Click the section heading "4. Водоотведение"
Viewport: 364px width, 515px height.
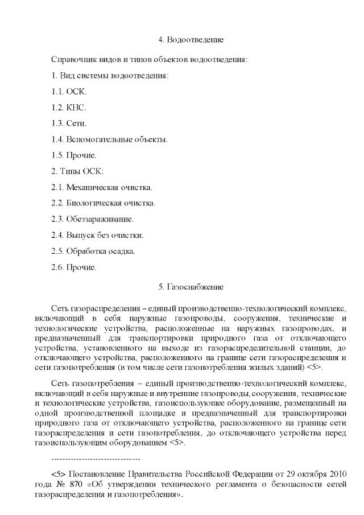(x=191, y=40)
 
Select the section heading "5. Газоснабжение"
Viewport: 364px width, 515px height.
(x=191, y=286)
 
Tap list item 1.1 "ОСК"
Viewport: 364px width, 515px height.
(x=77, y=91)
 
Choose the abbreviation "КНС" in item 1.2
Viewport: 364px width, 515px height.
(x=77, y=107)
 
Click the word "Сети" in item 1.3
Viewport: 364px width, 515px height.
(x=76, y=123)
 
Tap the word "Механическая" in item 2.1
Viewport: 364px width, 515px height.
(x=92, y=187)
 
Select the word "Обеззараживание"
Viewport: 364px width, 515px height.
(x=100, y=219)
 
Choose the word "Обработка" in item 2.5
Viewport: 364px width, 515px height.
(x=85, y=250)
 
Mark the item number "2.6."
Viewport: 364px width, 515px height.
(x=57, y=266)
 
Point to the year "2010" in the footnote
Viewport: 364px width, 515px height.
(x=337, y=475)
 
